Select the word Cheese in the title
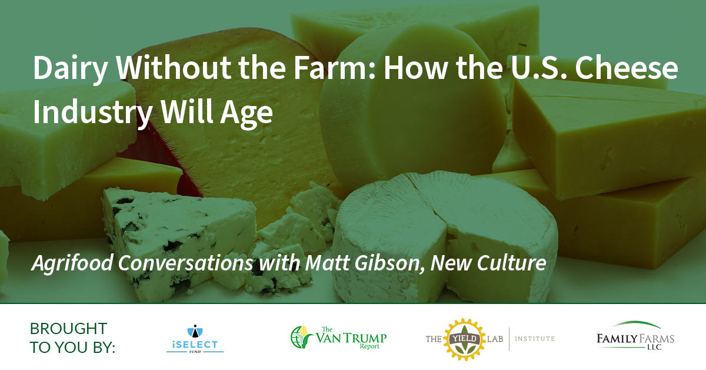coord(626,68)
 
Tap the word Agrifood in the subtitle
coord(72,263)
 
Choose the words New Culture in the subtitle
coord(488,263)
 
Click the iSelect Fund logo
coord(195,338)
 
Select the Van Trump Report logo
coord(338,337)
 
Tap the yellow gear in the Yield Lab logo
coord(465,339)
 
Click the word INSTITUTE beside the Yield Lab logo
coord(535,339)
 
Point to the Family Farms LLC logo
coord(635,336)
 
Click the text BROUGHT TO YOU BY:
coord(72,338)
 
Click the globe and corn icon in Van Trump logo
coord(301,337)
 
